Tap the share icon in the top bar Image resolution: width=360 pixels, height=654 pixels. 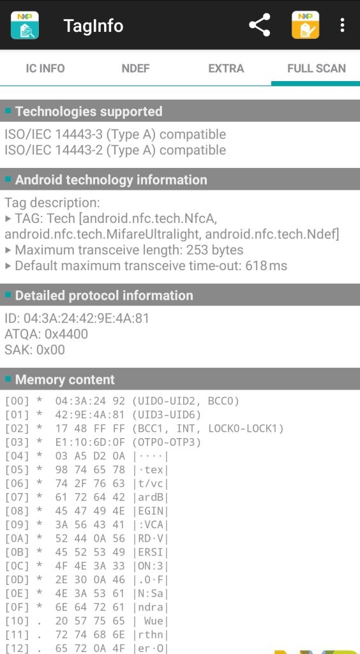[x=260, y=25]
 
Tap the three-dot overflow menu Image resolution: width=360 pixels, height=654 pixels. [x=342, y=25]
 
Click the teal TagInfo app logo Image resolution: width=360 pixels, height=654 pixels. [x=25, y=25]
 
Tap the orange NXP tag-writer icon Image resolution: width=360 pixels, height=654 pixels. [x=305, y=25]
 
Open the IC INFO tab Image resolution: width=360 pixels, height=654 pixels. [x=45, y=68]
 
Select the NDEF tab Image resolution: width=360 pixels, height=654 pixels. [x=135, y=68]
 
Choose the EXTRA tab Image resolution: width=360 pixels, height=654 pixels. [x=226, y=68]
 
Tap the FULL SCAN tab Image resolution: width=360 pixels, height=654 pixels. [x=317, y=68]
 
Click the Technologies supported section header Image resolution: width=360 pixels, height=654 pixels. [x=89, y=111]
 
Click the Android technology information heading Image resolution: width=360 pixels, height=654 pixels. [x=111, y=179]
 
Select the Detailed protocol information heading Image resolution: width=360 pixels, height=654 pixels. [x=104, y=295]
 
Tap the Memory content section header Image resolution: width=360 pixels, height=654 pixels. [x=65, y=379]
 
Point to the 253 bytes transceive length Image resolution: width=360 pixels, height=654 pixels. [x=215, y=250]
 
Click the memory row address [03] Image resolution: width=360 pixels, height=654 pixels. [x=17, y=442]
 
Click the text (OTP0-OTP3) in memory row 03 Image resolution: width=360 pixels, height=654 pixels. [x=167, y=442]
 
